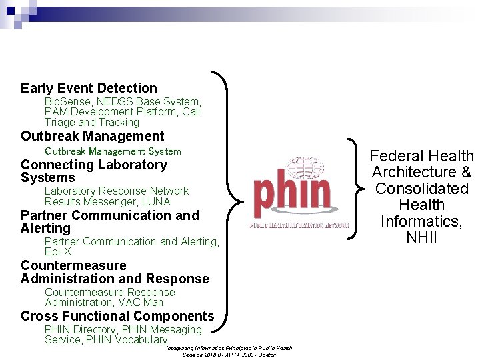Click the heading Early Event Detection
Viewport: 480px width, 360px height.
pyautogui.click(x=89, y=88)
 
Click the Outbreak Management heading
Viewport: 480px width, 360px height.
pyautogui.click(x=92, y=136)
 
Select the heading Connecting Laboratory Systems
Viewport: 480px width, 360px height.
pyautogui.click(x=93, y=171)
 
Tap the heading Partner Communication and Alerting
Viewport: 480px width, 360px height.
pyautogui.click(x=109, y=221)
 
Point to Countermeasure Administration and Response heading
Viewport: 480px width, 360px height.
pyautogui.click(x=115, y=272)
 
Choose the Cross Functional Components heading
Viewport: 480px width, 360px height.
pyautogui.click(x=117, y=316)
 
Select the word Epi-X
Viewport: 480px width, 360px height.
pyautogui.click(x=58, y=252)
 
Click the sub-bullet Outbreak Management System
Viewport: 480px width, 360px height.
pyautogui.click(x=113, y=151)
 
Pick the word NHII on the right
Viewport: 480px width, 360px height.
pyautogui.click(x=421, y=237)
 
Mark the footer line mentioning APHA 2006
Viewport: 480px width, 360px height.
pyautogui.click(x=229, y=354)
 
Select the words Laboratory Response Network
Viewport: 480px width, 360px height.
pyautogui.click(x=117, y=191)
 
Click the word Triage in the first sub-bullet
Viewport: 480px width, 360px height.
pyautogui.click(x=59, y=122)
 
